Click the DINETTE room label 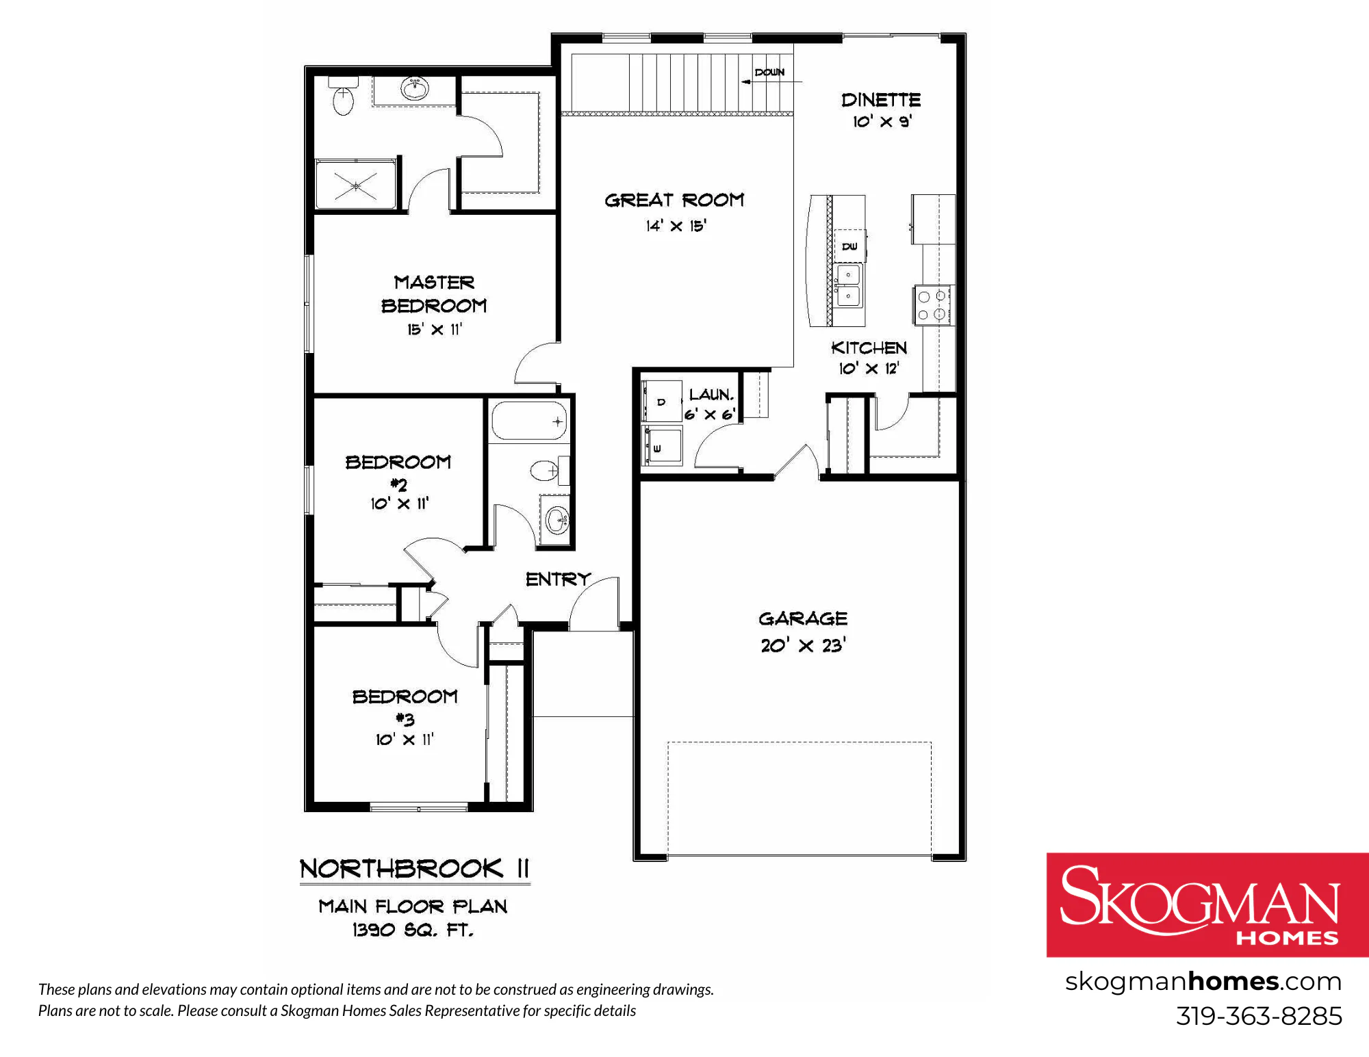[x=881, y=100]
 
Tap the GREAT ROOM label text [x=674, y=200]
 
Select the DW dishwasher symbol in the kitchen [x=849, y=246]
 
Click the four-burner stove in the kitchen [x=934, y=305]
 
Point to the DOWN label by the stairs [x=769, y=72]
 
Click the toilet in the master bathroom [x=342, y=96]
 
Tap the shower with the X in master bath [x=356, y=184]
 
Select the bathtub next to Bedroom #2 [x=530, y=421]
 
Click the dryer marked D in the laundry [x=661, y=401]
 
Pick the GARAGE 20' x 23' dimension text [x=803, y=645]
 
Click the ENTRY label [x=558, y=579]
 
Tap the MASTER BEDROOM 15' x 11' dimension [x=435, y=329]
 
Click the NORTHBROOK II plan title [x=415, y=868]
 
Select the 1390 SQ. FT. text [x=413, y=930]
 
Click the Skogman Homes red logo [x=1207, y=904]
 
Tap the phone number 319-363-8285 [x=1259, y=1016]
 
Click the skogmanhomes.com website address [x=1203, y=982]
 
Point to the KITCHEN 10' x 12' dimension [x=869, y=368]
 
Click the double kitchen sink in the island [x=849, y=286]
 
